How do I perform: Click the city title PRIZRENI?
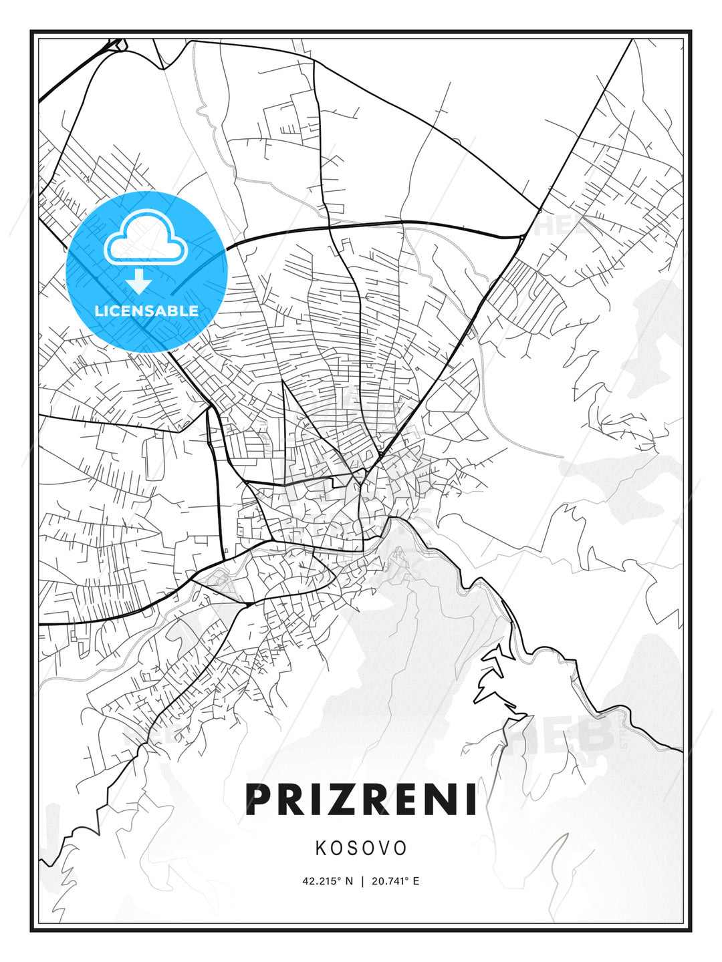tap(361, 799)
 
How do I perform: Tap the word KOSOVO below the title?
tap(361, 848)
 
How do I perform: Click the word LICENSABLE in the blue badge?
tap(146, 311)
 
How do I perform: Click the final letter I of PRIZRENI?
tap(471, 799)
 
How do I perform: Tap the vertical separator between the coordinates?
tap(362, 881)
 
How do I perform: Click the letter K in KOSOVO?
tap(320, 848)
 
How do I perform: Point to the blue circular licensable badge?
tap(147, 271)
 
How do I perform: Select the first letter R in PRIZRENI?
tap(293, 799)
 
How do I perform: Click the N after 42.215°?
tap(349, 881)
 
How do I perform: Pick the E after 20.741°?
tap(416, 881)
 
